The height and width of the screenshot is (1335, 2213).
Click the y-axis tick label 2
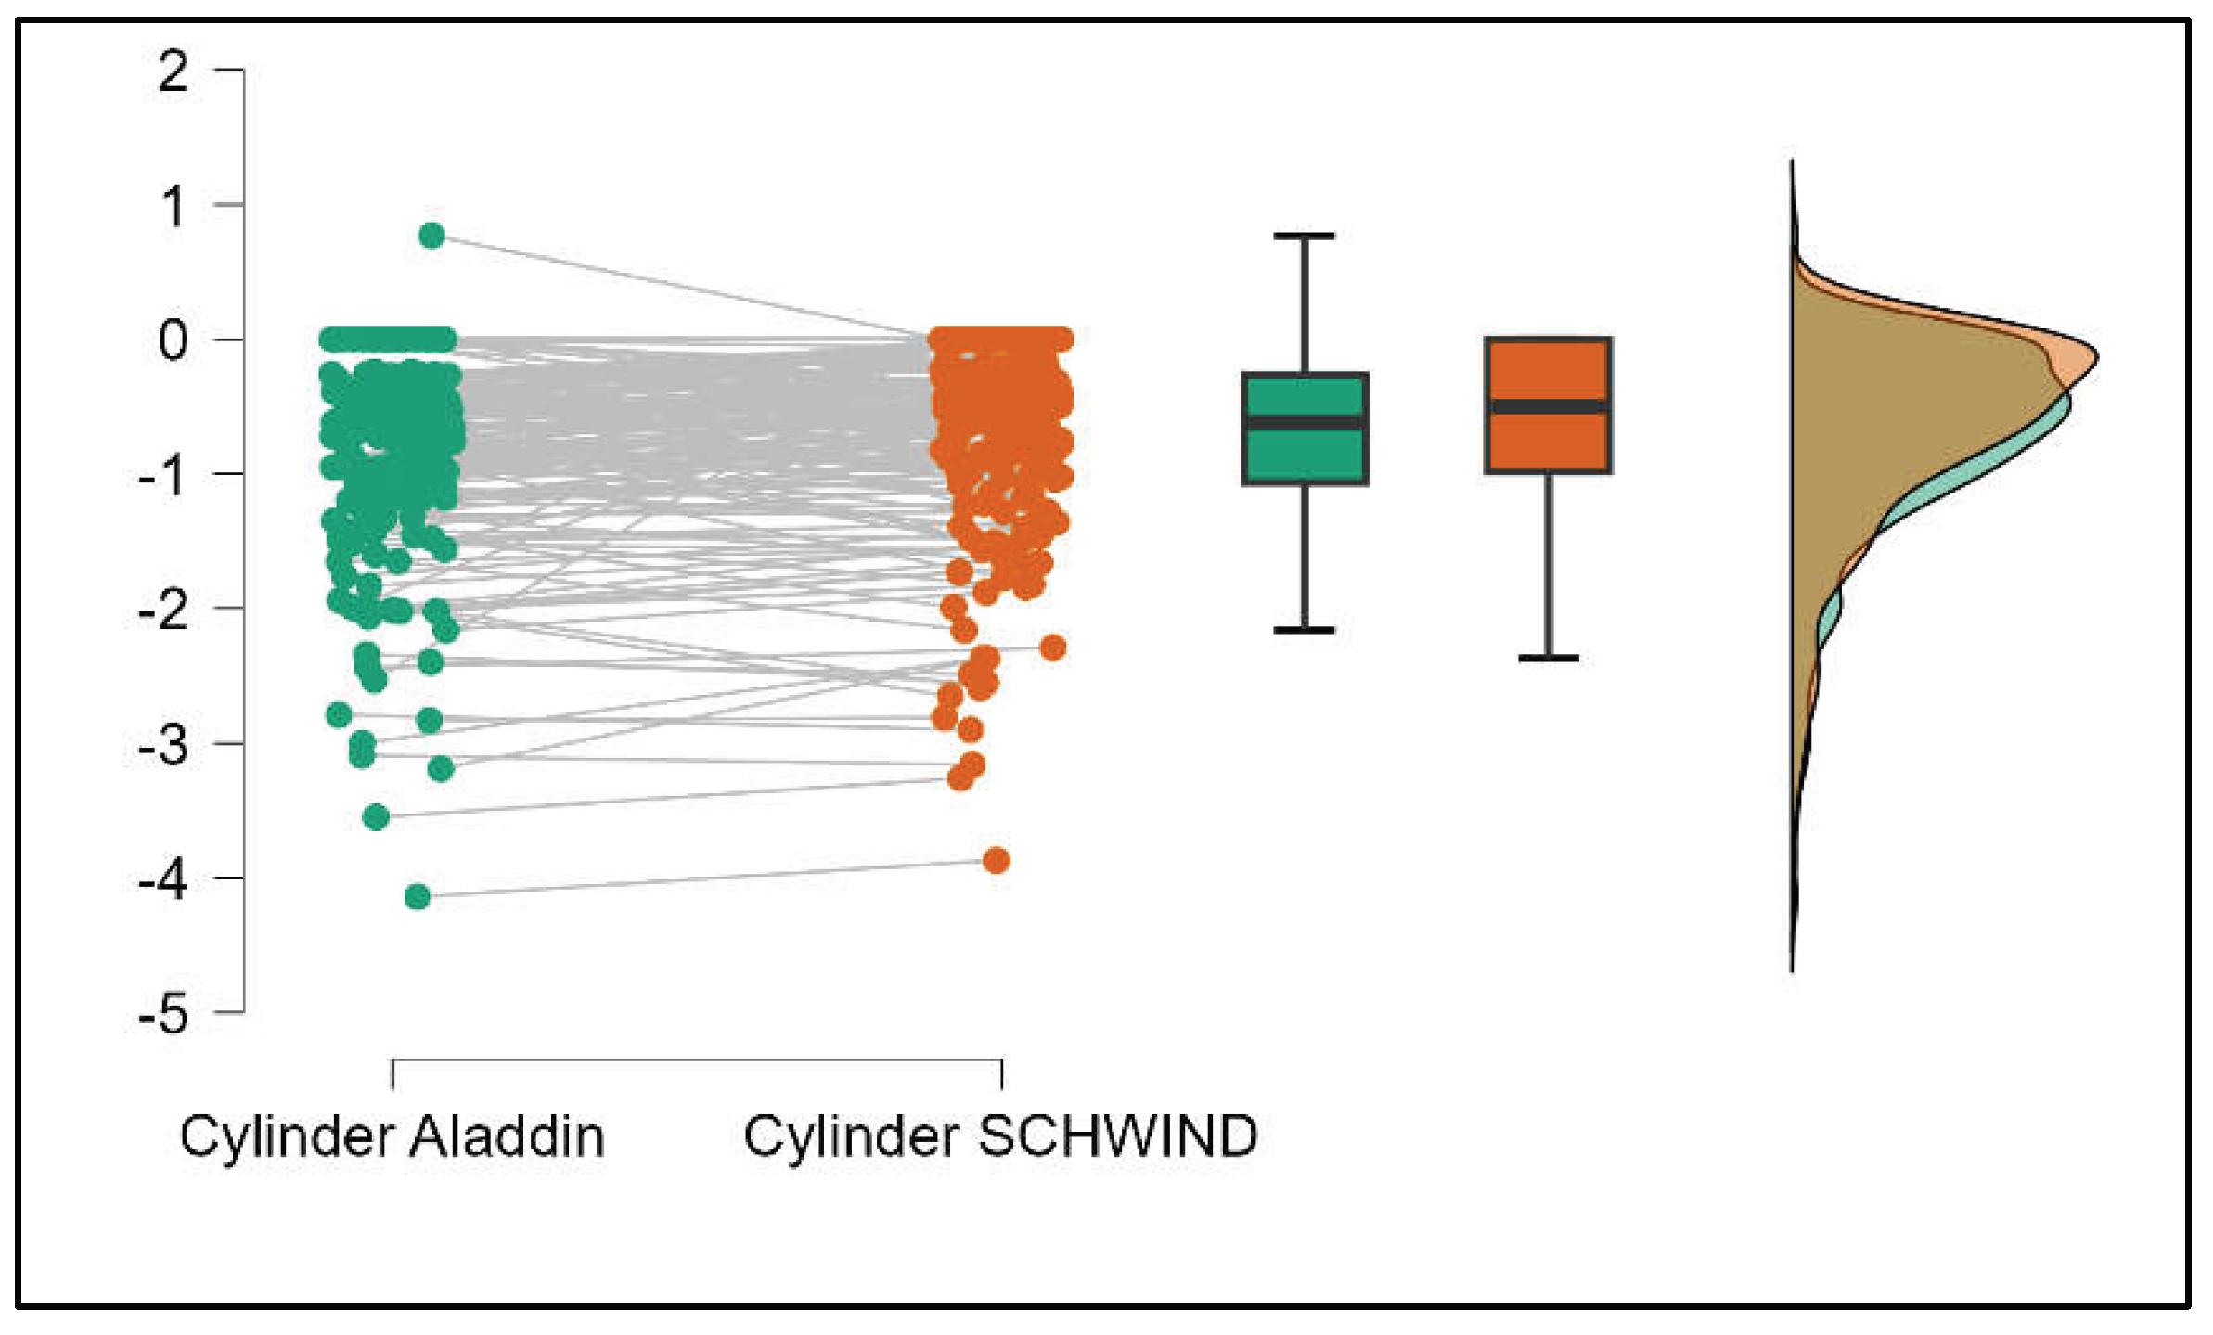[174, 71]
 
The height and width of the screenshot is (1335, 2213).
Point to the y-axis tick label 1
[174, 206]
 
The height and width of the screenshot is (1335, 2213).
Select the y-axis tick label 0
[174, 340]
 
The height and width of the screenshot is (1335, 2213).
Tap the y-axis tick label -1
[165, 475]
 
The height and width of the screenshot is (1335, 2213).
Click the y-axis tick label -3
[165, 744]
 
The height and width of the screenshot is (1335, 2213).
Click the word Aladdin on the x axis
[507, 1136]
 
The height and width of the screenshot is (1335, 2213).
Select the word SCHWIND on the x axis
[1118, 1136]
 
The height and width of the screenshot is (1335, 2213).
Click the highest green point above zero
[431, 236]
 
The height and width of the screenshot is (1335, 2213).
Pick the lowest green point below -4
[418, 896]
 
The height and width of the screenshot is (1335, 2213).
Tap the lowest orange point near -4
[997, 860]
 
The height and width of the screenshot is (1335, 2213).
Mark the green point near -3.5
[376, 816]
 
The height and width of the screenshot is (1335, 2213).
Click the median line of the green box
[1305, 423]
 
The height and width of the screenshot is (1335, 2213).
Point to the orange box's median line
[1548, 406]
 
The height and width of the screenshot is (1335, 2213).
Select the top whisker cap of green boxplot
[1305, 237]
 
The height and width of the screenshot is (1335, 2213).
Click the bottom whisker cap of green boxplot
[1305, 630]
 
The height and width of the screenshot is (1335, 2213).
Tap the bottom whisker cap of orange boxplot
[1548, 658]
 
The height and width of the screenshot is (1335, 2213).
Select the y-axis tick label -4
[165, 879]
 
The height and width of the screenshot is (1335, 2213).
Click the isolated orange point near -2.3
[1052, 647]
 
